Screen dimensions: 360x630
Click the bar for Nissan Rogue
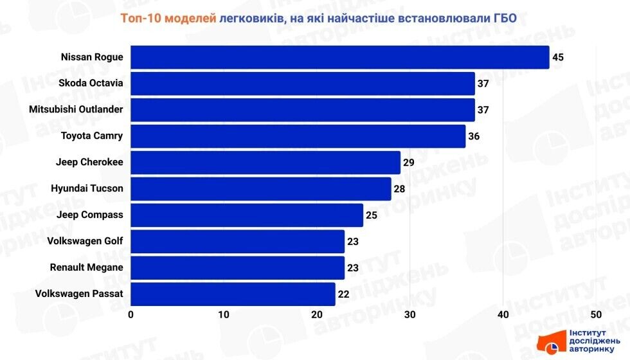pos(340,57)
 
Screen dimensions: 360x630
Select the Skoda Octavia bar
pos(303,84)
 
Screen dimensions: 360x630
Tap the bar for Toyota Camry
pos(298,136)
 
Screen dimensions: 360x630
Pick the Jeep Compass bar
pos(247,215)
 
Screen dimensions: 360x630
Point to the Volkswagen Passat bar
pos(233,294)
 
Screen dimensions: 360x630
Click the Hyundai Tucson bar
pos(261,189)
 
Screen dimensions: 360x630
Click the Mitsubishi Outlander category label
pos(76,109)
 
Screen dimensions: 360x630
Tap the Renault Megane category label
pos(86,267)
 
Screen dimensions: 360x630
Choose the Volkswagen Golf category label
pos(85,241)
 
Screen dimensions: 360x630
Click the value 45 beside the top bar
pos(557,57)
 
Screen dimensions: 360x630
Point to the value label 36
pos(474,136)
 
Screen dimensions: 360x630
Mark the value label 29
pos(409,163)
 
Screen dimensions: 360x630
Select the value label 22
pos(344,294)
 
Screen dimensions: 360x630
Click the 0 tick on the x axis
pos(131,315)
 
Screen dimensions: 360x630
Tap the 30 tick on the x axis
pos(410,315)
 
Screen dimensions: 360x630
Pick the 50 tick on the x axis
pos(596,315)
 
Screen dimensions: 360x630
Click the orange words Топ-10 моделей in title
pos(168,18)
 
